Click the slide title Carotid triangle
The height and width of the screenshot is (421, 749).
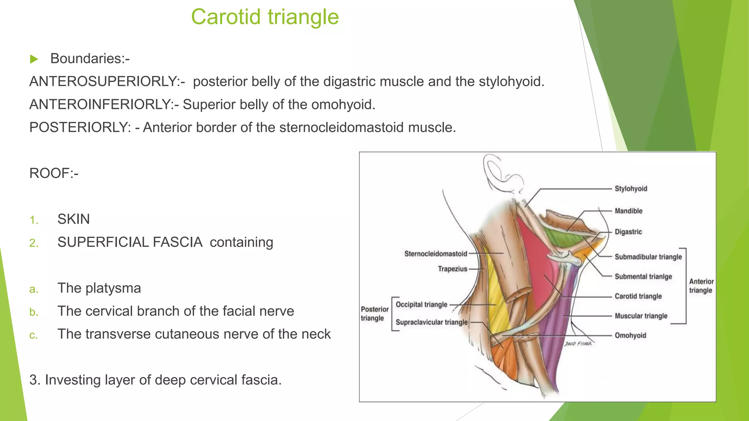[265, 17]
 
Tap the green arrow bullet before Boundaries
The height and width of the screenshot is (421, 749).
[34, 59]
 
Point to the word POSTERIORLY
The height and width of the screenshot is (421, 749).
[79, 128]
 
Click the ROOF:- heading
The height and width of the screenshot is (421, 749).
[54, 173]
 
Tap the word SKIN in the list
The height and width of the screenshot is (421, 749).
[74, 219]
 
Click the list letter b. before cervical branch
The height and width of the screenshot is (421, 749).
[34, 312]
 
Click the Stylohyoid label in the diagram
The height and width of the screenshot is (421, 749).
[631, 189]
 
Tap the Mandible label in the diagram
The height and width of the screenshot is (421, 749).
[628, 211]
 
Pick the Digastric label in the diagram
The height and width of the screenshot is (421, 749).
[628, 232]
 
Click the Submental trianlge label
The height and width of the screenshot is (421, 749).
[643, 277]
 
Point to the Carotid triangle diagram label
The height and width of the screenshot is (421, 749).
[638, 296]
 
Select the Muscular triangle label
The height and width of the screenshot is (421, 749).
[641, 316]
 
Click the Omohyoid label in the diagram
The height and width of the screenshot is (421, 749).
[630, 335]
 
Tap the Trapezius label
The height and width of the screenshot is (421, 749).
[452, 269]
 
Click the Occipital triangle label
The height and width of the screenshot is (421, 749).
[421, 304]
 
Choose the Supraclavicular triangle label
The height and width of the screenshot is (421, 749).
[432, 322]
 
